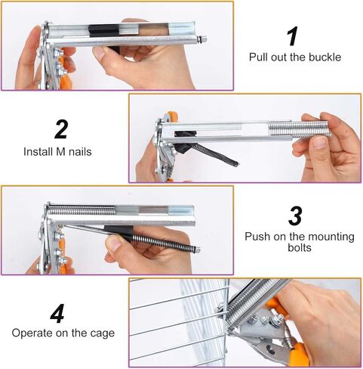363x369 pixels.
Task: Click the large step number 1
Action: coord(293,36)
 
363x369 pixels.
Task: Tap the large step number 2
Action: coord(62,129)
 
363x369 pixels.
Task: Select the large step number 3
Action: coord(296,216)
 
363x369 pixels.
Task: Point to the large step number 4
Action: coord(57,312)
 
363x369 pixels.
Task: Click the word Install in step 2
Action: coord(38,150)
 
